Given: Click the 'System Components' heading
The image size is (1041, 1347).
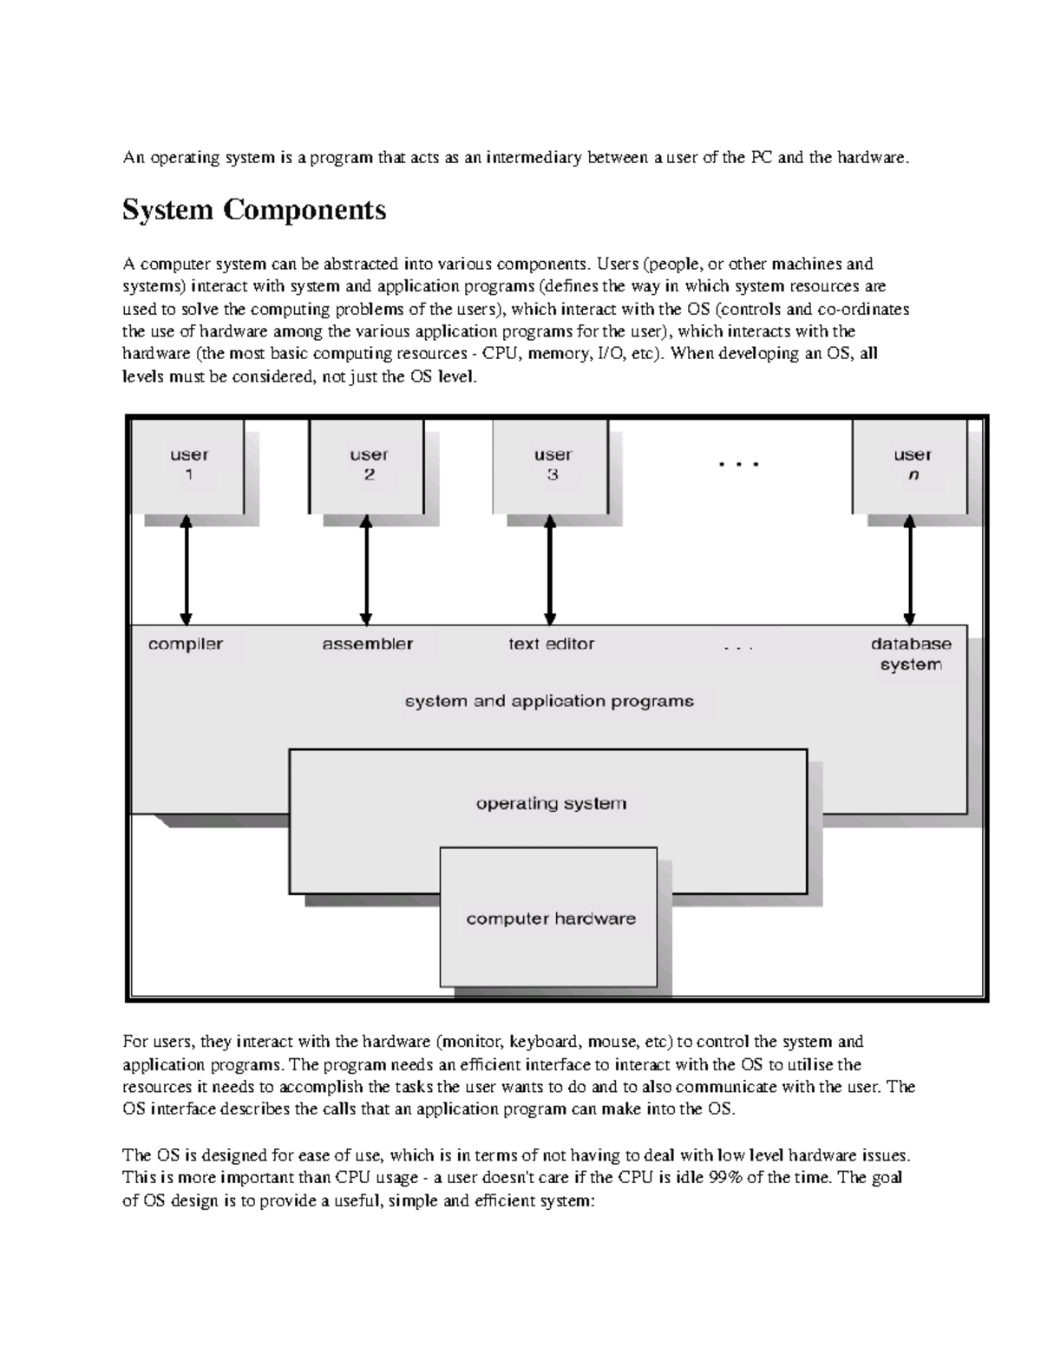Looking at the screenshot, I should point(254,211).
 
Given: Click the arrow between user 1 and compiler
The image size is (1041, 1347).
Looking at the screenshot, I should point(186,569).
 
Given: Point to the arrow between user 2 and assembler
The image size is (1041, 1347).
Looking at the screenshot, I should point(366,569).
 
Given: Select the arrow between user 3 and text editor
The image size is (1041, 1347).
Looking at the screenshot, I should point(550,569).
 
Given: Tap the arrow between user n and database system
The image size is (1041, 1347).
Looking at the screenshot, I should point(909,569).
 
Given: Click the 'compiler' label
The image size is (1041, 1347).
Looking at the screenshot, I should point(186,644).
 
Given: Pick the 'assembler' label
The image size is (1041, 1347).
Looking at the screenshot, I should point(368,644).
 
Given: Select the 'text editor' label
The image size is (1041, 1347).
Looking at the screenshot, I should point(552,644).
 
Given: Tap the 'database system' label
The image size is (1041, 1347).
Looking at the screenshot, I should point(911,654).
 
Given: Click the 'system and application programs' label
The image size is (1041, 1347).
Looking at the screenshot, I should point(550,702).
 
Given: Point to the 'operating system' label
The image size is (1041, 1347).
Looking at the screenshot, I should point(551,804).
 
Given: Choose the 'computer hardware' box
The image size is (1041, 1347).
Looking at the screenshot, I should point(550,919).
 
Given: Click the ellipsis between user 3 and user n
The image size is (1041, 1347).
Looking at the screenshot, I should point(739,465).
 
